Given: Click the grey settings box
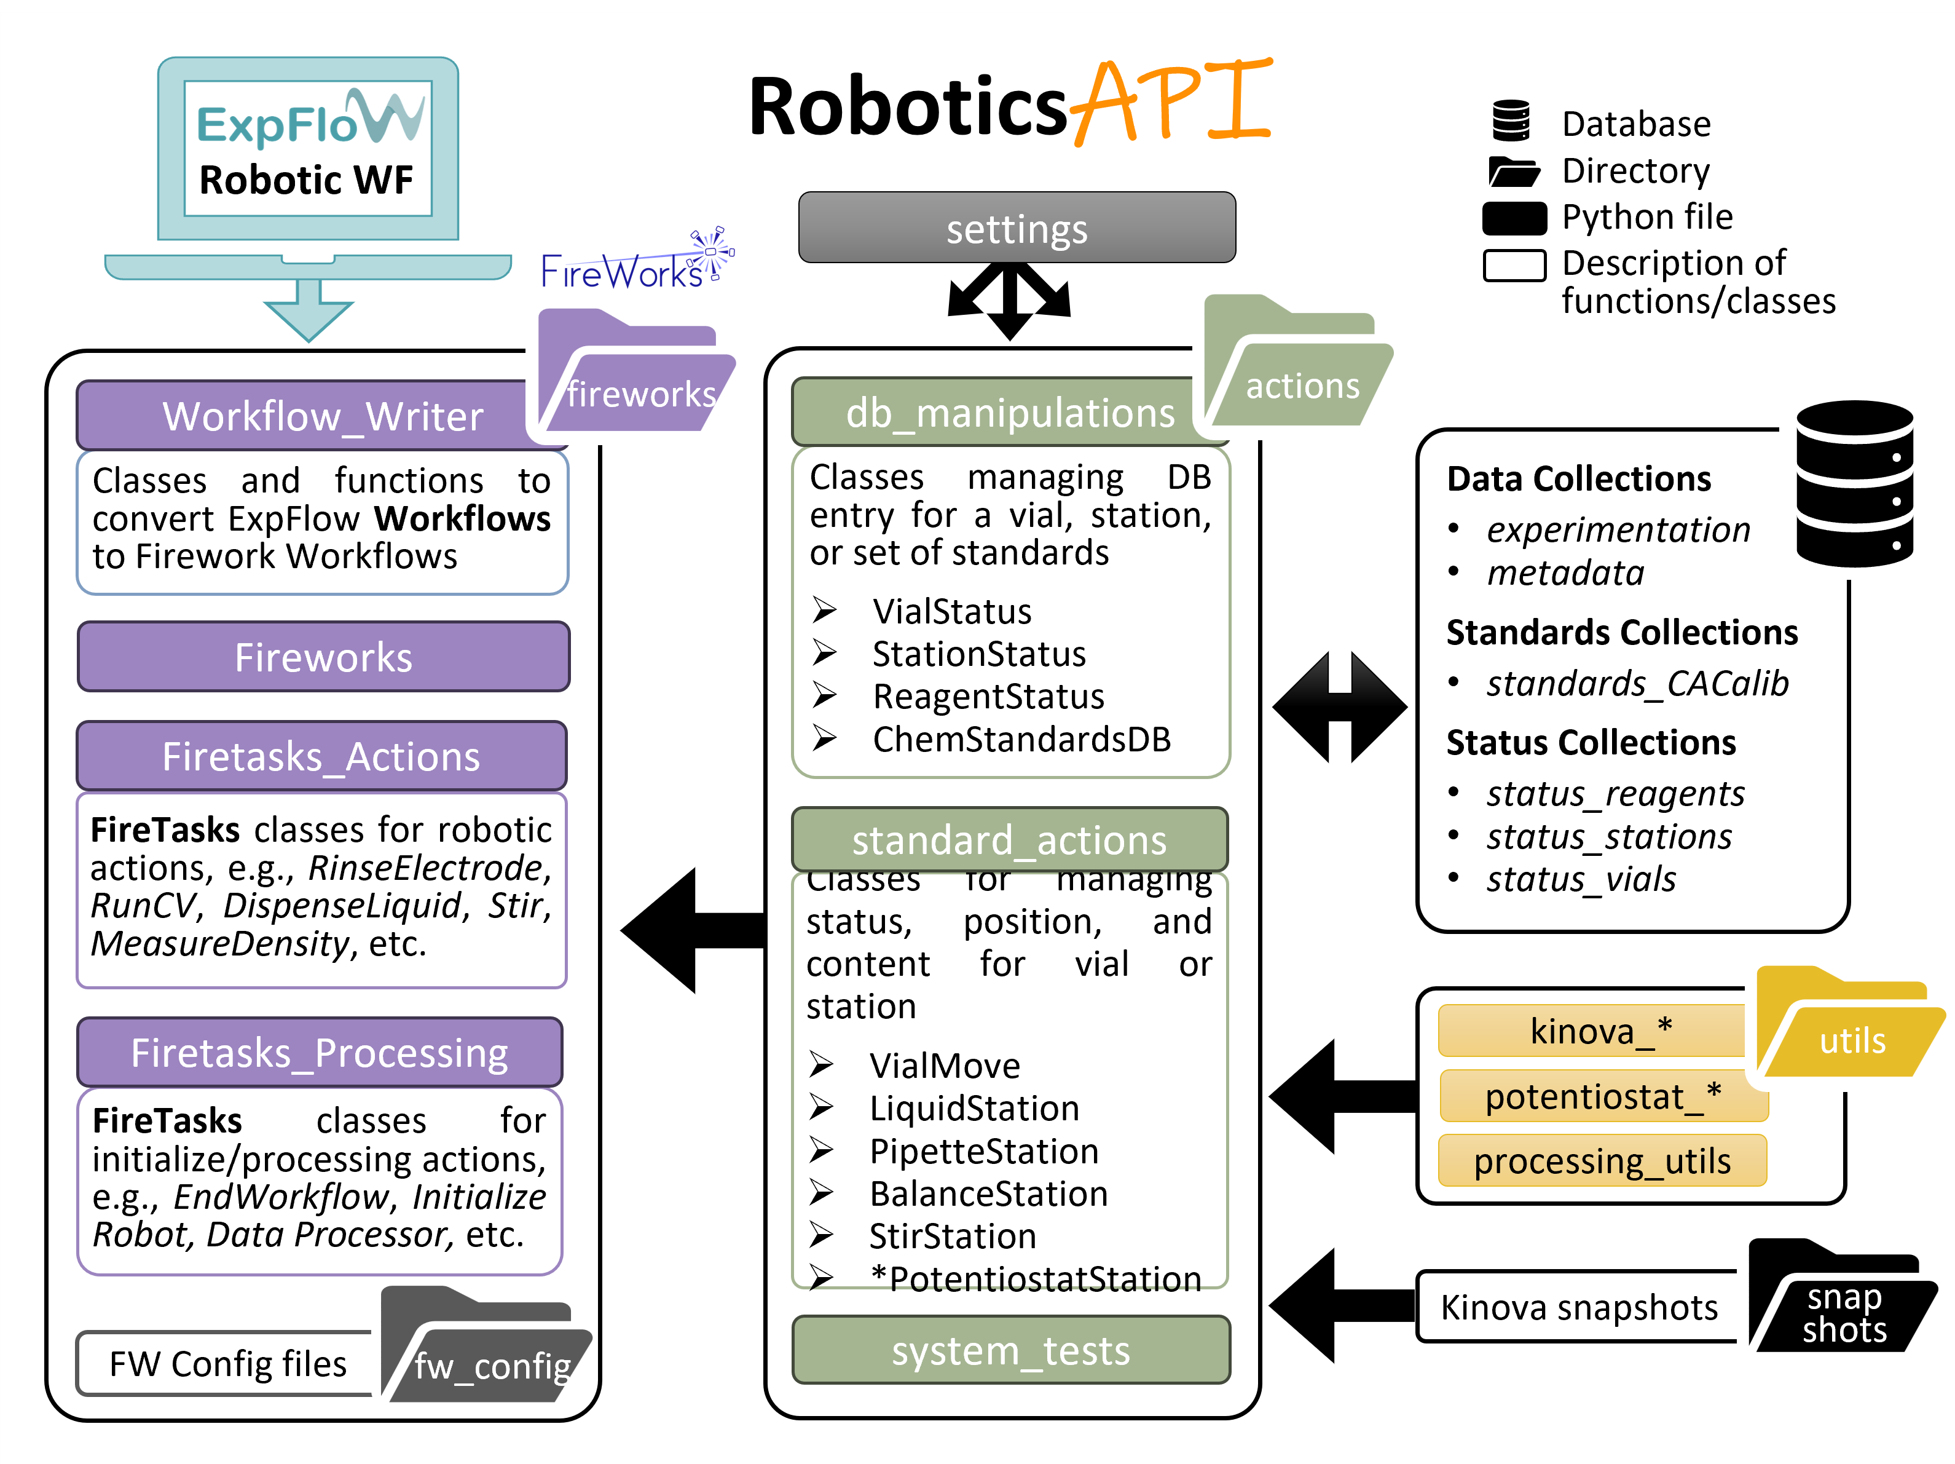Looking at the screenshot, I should click(1017, 228).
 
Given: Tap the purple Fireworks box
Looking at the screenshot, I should click(323, 657).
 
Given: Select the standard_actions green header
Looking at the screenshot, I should click(1009, 839).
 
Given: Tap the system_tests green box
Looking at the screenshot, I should click(1010, 1350).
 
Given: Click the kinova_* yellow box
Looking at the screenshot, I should click(1591, 1031).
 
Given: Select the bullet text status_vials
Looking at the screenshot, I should click(1580, 879).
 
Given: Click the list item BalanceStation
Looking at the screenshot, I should click(988, 1193).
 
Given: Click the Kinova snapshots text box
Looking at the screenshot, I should click(1578, 1307).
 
